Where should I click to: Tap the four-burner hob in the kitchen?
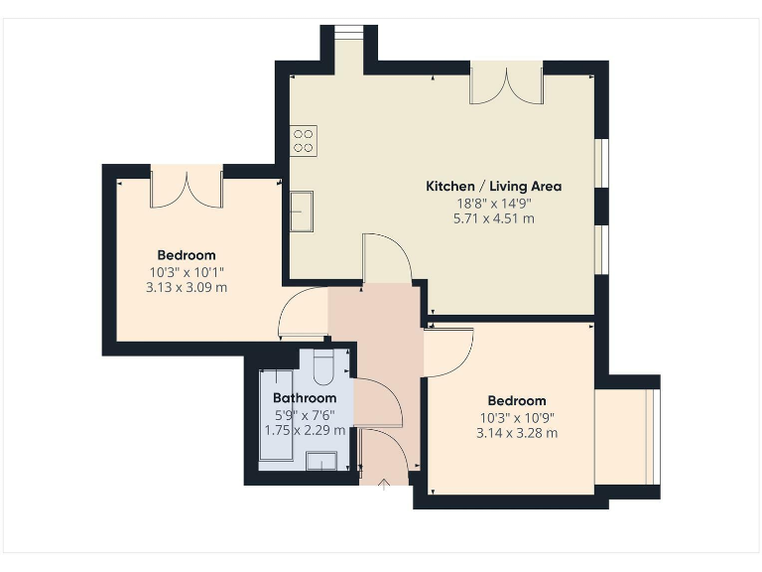(304, 141)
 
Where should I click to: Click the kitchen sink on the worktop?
(302, 211)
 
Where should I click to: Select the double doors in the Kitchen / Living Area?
(506, 85)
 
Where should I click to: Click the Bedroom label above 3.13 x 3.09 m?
(187, 255)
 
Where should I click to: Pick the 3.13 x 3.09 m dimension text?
(187, 288)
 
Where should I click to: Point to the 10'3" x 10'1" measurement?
(187, 272)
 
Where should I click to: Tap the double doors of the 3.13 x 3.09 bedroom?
(186, 189)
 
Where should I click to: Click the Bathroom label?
(305, 398)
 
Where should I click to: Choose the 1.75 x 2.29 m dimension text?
(305, 431)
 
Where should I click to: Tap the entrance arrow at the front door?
(387, 484)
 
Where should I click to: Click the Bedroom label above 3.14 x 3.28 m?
(517, 401)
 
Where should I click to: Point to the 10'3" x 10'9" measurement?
(517, 417)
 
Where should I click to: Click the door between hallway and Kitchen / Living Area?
(386, 260)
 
